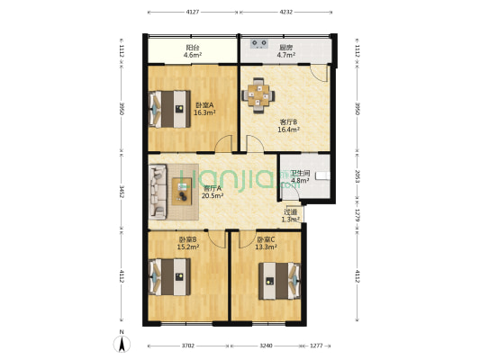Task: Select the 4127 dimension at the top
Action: coord(193,13)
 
